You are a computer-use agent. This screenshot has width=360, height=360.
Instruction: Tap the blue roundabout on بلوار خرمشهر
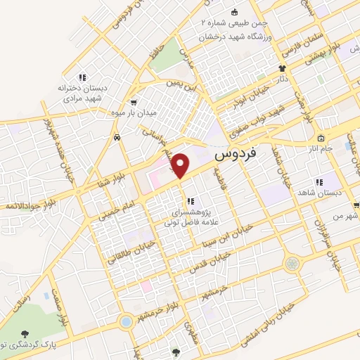tap(126, 322)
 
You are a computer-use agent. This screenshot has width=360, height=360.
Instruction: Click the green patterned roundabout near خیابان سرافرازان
tap(292, 264)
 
